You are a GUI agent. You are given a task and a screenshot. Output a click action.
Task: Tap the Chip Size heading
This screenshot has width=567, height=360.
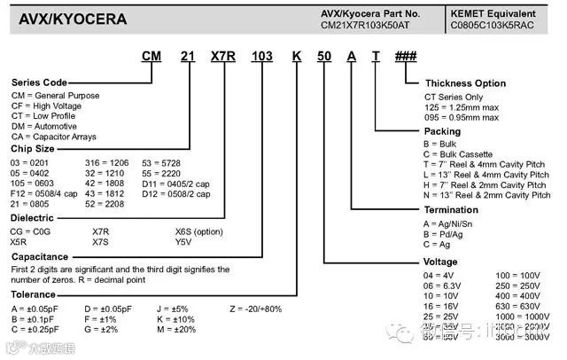click(x=33, y=150)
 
